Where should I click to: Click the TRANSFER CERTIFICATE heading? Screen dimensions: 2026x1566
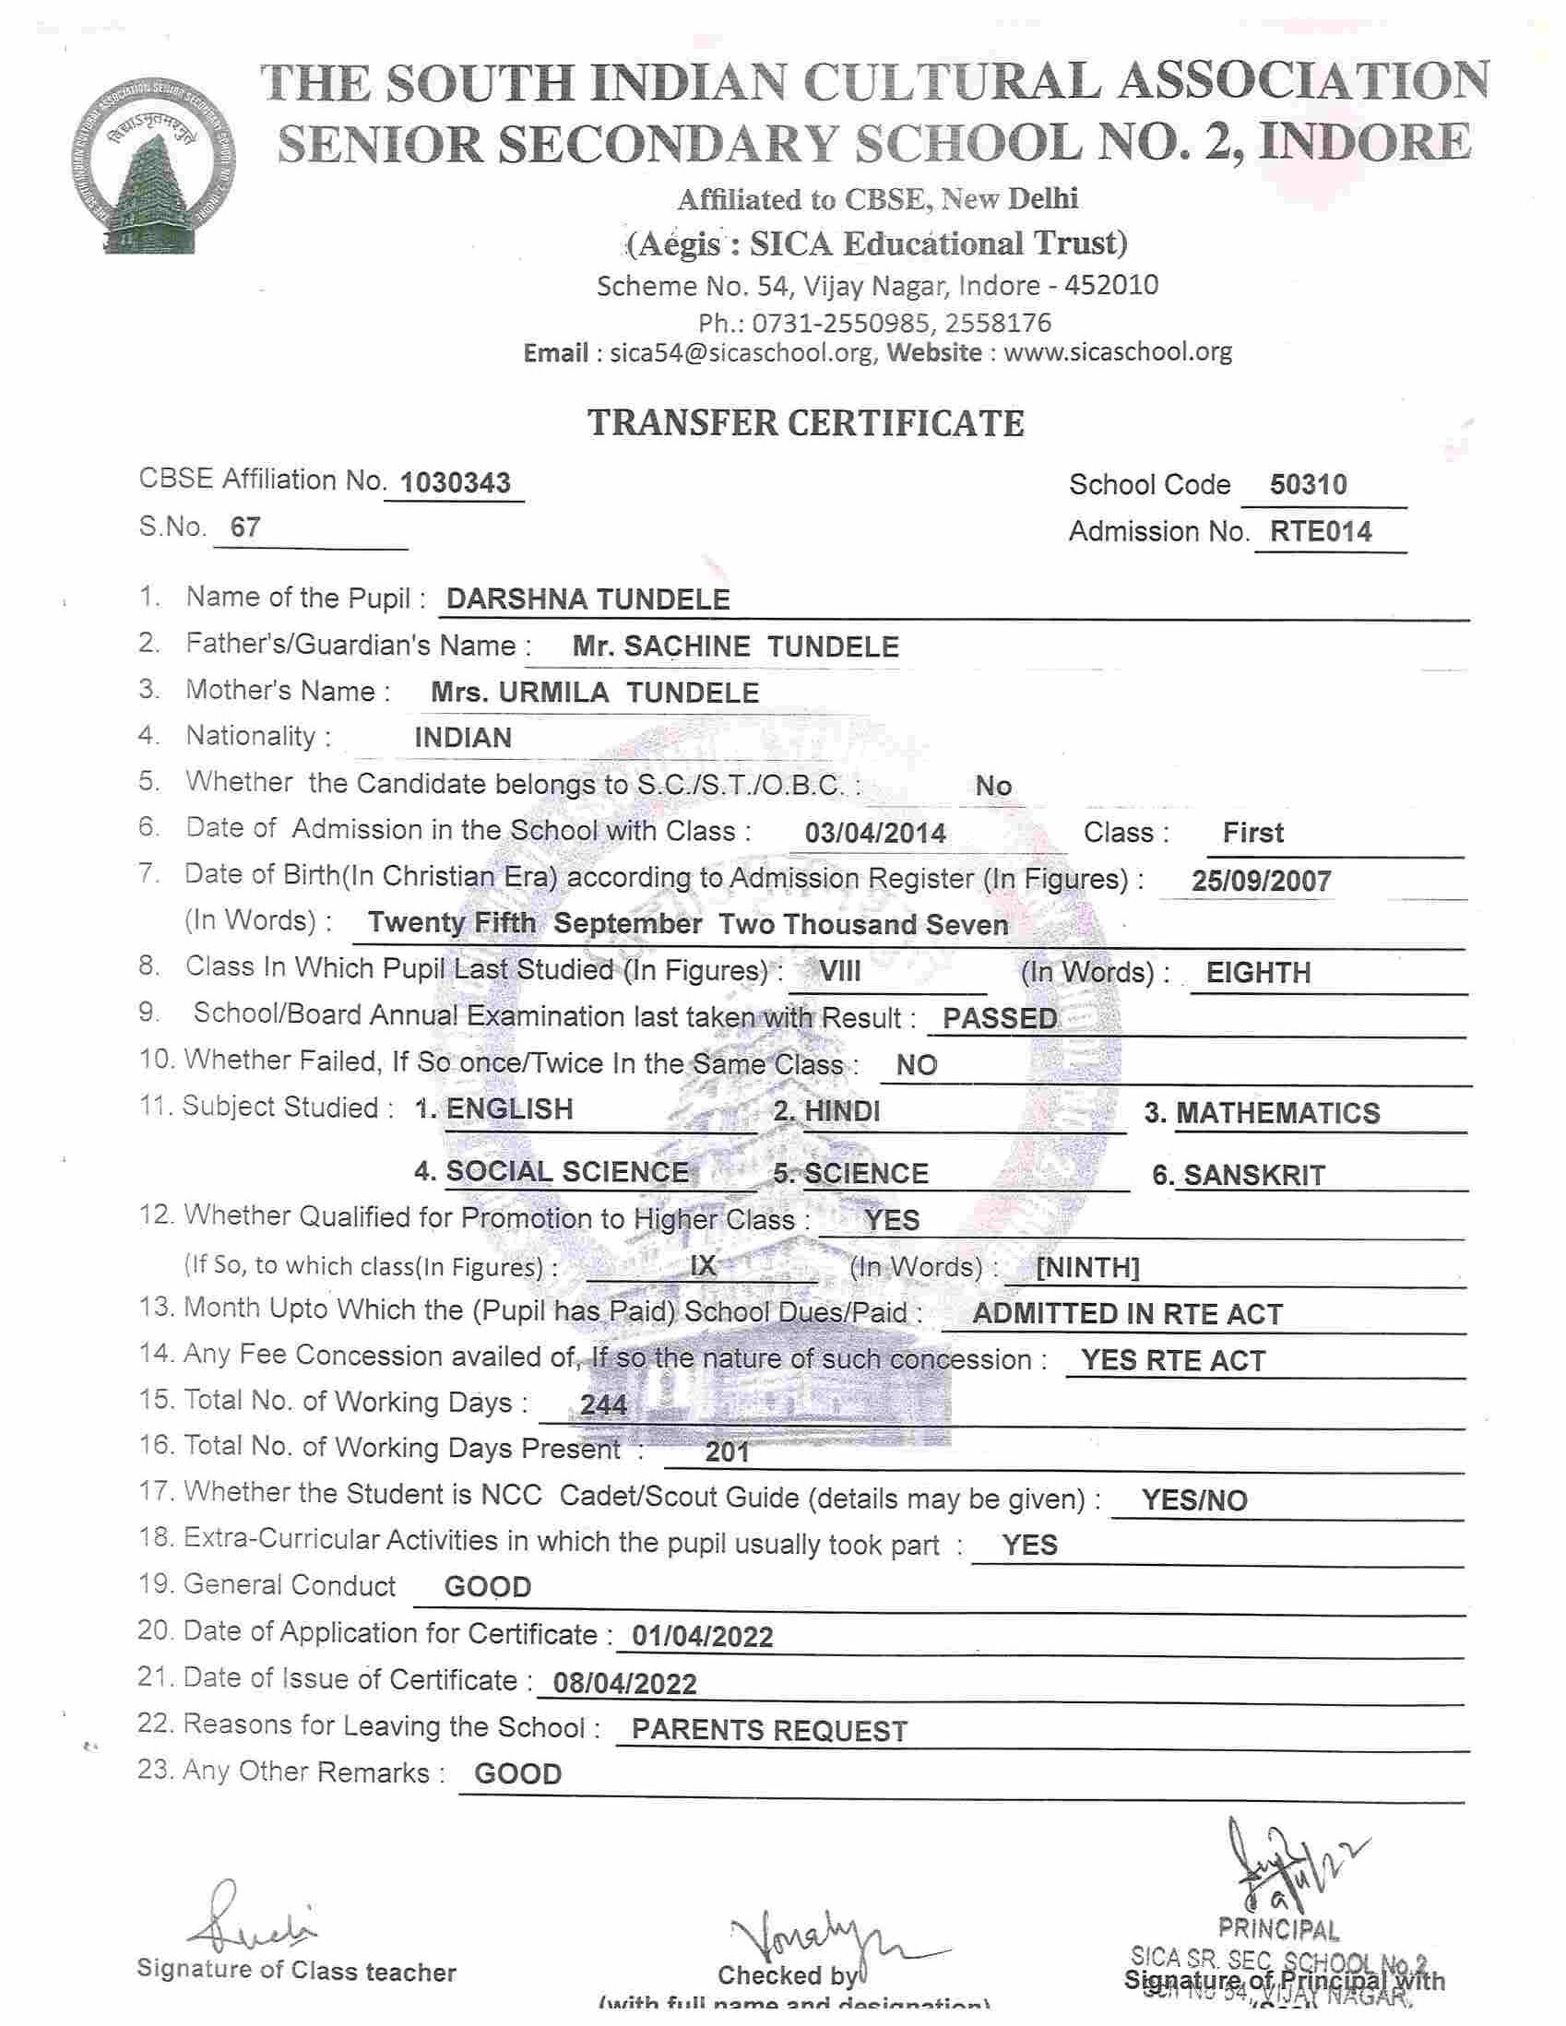[x=805, y=423]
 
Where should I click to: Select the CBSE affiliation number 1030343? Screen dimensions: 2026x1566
[x=455, y=483]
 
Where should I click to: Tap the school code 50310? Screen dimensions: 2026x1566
[x=1308, y=484]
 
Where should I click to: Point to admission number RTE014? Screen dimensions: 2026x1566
[x=1321, y=531]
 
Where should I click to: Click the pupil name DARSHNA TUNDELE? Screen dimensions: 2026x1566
[x=588, y=599]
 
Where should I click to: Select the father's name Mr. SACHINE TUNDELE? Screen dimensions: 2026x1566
[x=735, y=646]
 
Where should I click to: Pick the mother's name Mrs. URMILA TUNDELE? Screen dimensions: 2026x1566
[x=595, y=693]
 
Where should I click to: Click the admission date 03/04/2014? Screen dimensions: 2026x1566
[x=875, y=833]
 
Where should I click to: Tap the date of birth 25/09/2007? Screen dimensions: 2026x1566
[x=1262, y=881]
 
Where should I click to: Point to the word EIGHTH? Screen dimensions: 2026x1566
[x=1258, y=972]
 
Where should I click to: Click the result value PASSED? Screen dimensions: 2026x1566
[x=999, y=1019]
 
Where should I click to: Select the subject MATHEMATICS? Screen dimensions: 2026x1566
[x=1277, y=1113]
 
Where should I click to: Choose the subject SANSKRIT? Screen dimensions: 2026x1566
[x=1253, y=1177]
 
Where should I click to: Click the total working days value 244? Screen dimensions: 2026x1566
[x=604, y=1405]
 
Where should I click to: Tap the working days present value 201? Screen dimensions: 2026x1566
[x=727, y=1451]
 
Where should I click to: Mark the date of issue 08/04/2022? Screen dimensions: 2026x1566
[x=624, y=1684]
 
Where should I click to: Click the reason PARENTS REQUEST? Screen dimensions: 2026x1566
[x=769, y=1731]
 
